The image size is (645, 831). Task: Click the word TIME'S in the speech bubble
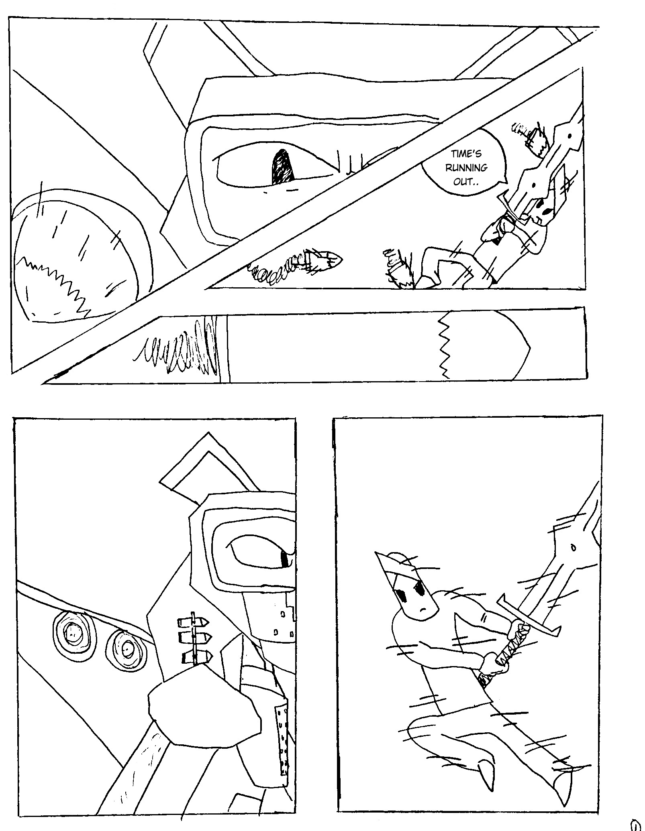(466, 154)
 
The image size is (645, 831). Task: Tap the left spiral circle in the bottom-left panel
(73, 636)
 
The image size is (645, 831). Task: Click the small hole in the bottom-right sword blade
(573, 548)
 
